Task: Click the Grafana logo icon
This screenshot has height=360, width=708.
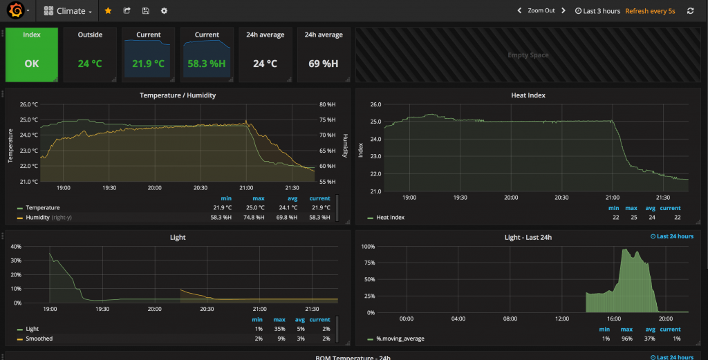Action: (x=15, y=11)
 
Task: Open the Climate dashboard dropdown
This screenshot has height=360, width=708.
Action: (x=68, y=11)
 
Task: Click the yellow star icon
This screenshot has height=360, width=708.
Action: (x=108, y=11)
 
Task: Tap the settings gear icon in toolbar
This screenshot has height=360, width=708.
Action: (x=164, y=11)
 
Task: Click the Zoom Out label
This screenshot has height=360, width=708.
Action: (x=541, y=11)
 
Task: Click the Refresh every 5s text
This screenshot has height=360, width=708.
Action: (x=650, y=11)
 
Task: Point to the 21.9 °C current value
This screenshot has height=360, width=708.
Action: (x=149, y=64)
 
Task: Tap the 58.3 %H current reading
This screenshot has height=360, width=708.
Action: (x=207, y=64)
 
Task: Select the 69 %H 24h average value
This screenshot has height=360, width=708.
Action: (x=323, y=64)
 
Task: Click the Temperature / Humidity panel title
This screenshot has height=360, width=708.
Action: (x=178, y=95)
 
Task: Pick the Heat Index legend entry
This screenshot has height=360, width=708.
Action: (x=390, y=218)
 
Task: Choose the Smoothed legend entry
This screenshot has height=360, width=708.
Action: (x=39, y=339)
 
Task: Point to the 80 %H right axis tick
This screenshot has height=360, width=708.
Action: (x=326, y=104)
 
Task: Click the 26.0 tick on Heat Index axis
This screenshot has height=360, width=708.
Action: (x=376, y=104)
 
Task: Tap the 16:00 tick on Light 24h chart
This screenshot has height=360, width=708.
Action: (x=614, y=319)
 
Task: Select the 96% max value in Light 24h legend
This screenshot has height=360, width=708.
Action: (x=631, y=339)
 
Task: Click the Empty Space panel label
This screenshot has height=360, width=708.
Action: (x=528, y=55)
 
